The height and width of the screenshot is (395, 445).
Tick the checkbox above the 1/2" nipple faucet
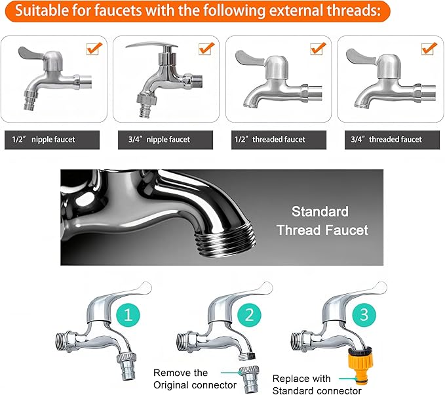(94, 49)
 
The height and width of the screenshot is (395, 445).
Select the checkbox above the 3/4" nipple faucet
(206, 49)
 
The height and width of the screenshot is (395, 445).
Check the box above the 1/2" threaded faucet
(319, 49)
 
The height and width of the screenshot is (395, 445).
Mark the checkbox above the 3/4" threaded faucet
(429, 49)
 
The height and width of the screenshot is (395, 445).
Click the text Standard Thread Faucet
(322, 221)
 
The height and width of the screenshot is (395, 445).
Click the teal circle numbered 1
(128, 314)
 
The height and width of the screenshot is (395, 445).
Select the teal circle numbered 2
(246, 314)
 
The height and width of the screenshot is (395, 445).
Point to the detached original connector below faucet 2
(250, 377)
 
